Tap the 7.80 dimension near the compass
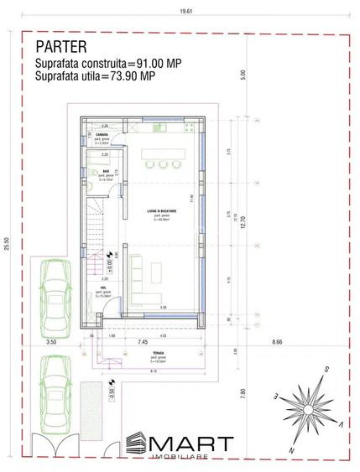242,391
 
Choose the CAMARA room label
100,134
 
